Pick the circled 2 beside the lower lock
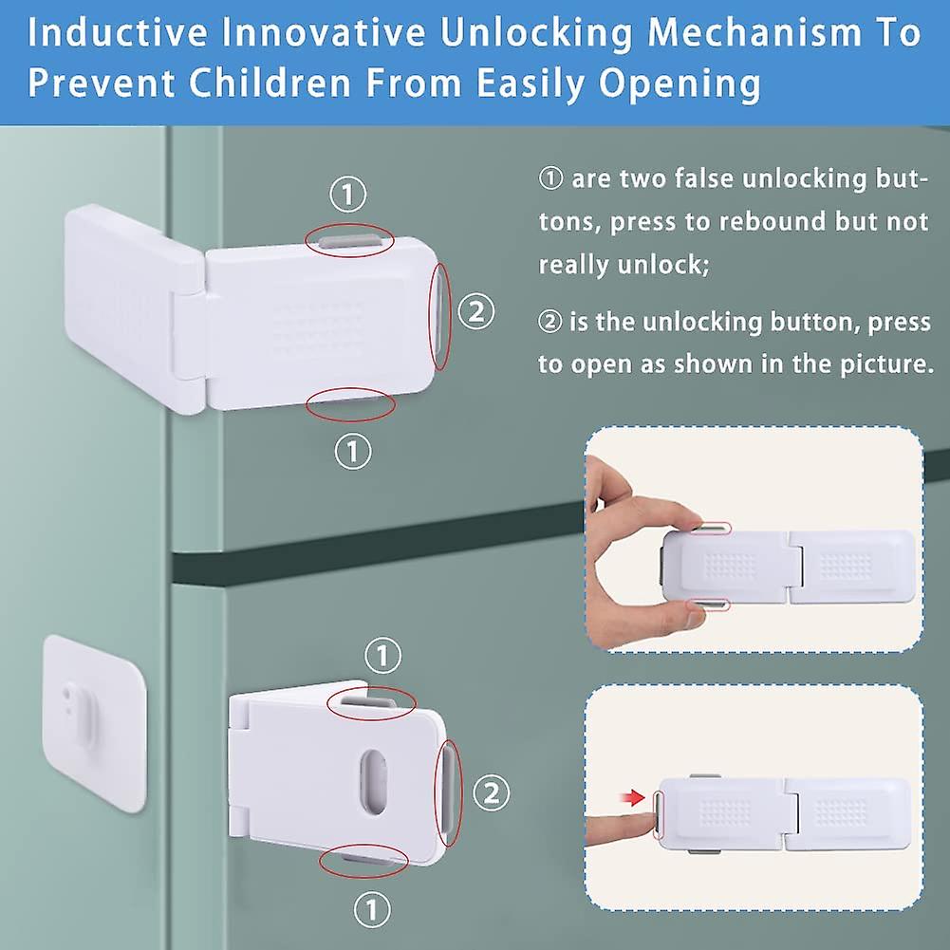(490, 792)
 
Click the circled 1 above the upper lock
(348, 196)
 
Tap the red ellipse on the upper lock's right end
(441, 315)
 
